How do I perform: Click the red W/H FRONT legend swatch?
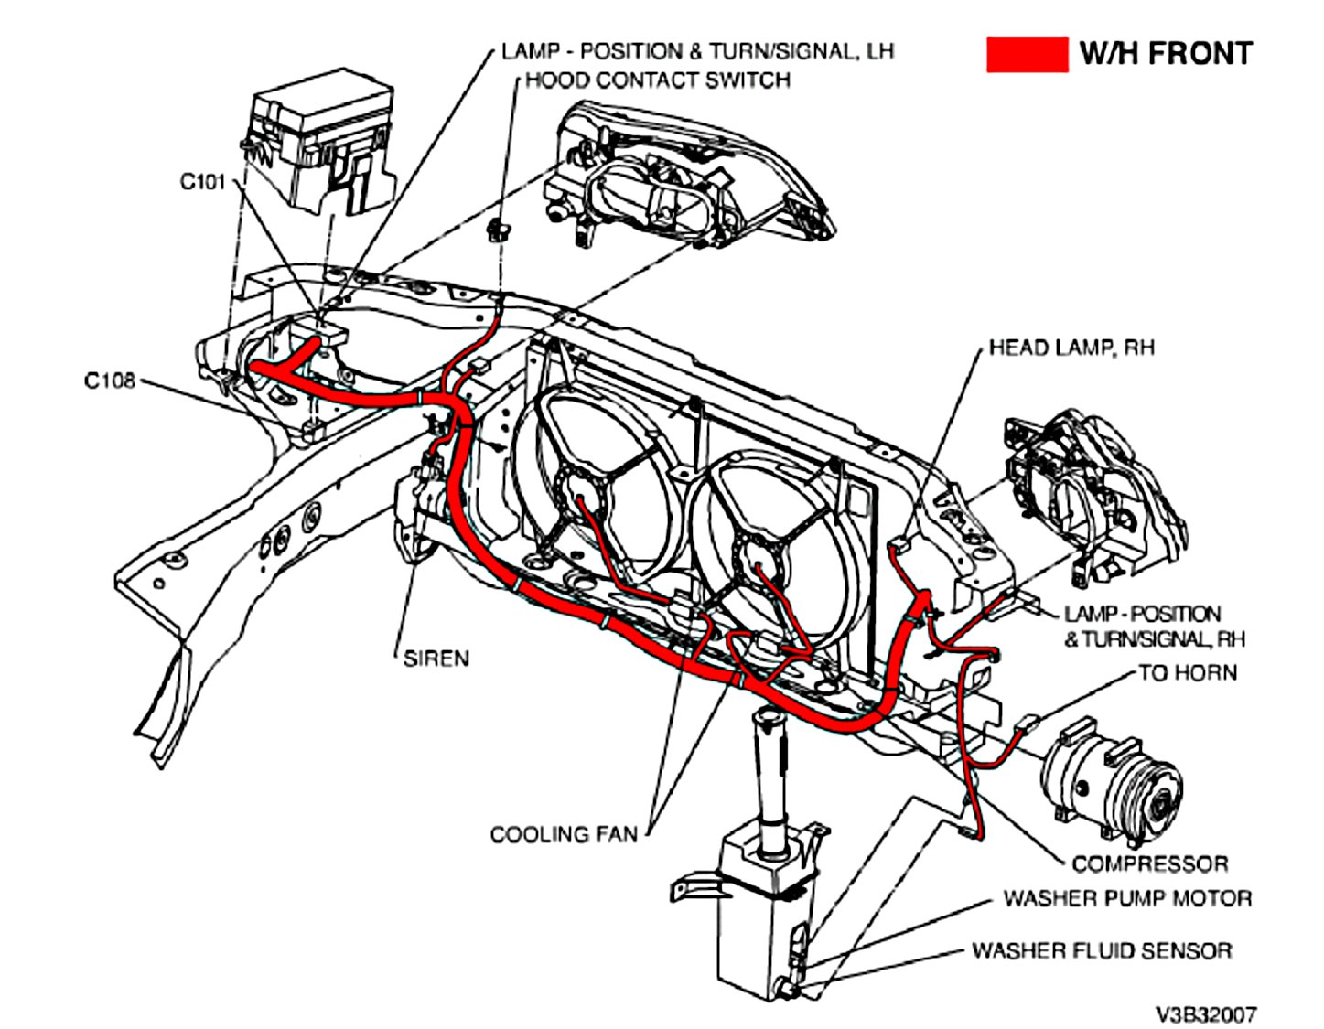coord(1026,54)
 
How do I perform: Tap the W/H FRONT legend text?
coord(1165,54)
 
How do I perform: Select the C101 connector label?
coord(202,182)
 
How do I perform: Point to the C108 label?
coord(109,381)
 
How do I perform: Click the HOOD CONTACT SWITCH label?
coord(657,80)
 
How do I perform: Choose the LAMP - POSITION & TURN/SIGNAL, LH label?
coord(697,51)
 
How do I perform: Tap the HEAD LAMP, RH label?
coord(1071,348)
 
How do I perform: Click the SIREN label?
coord(436,659)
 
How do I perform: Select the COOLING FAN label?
coord(564,834)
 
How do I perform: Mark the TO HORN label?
coord(1187,673)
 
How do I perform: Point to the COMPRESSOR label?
coord(1149,863)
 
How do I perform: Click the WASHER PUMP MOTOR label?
coord(1127,898)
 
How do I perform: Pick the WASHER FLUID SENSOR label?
coord(1102,951)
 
